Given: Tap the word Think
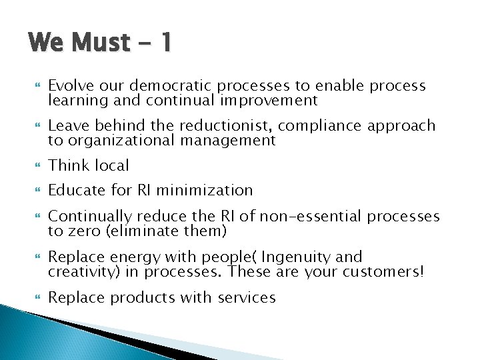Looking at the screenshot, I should tap(69, 165).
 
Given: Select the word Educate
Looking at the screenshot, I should tap(76, 190).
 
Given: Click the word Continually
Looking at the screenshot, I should tap(89, 217).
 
